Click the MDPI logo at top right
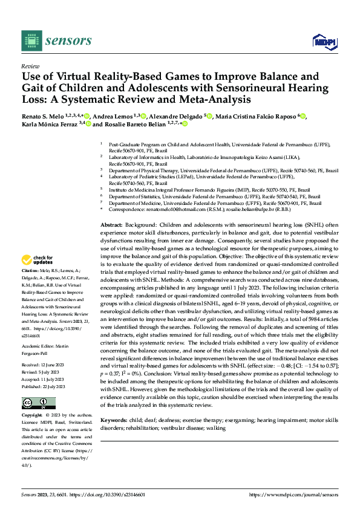pyautogui.click(x=324, y=40)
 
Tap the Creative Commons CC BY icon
pyautogui.click(x=31, y=403)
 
